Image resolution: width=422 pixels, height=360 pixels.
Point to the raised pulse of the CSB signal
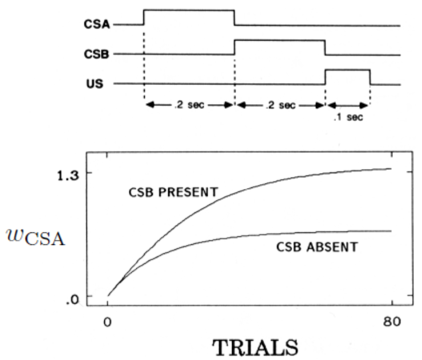279,40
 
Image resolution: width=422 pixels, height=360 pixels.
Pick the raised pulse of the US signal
347,69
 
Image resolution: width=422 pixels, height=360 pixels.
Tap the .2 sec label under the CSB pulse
280,105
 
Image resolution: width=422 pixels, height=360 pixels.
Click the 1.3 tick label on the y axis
68,173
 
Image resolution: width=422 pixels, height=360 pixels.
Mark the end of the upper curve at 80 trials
391,169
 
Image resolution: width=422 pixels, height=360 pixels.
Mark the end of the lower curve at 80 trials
391,231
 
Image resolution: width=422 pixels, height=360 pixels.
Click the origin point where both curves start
108,296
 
